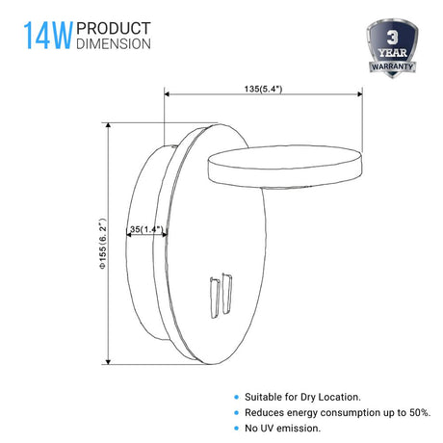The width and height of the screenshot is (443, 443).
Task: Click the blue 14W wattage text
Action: (x=48, y=36)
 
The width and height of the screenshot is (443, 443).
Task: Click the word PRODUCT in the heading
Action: (x=114, y=28)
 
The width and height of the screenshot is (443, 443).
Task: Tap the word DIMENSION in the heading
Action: (x=114, y=43)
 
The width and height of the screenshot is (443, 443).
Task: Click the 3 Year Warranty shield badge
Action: (x=392, y=48)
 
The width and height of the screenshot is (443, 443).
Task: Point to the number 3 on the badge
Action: (x=392, y=38)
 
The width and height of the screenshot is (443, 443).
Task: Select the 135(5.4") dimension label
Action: (x=263, y=89)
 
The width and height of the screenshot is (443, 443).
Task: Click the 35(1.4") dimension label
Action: (x=146, y=229)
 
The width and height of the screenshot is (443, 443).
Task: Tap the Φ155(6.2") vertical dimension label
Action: (x=102, y=244)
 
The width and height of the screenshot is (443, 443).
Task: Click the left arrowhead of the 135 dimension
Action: (x=167, y=94)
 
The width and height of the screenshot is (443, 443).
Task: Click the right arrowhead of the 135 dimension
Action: (x=360, y=94)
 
